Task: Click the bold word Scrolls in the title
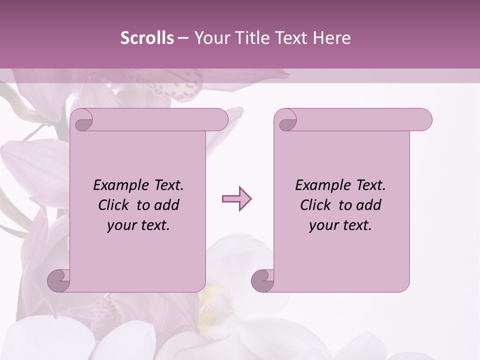click(x=147, y=38)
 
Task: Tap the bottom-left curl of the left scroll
click(x=58, y=280)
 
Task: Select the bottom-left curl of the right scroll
click(x=262, y=280)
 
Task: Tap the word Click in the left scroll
click(x=114, y=205)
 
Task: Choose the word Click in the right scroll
click(x=316, y=205)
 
